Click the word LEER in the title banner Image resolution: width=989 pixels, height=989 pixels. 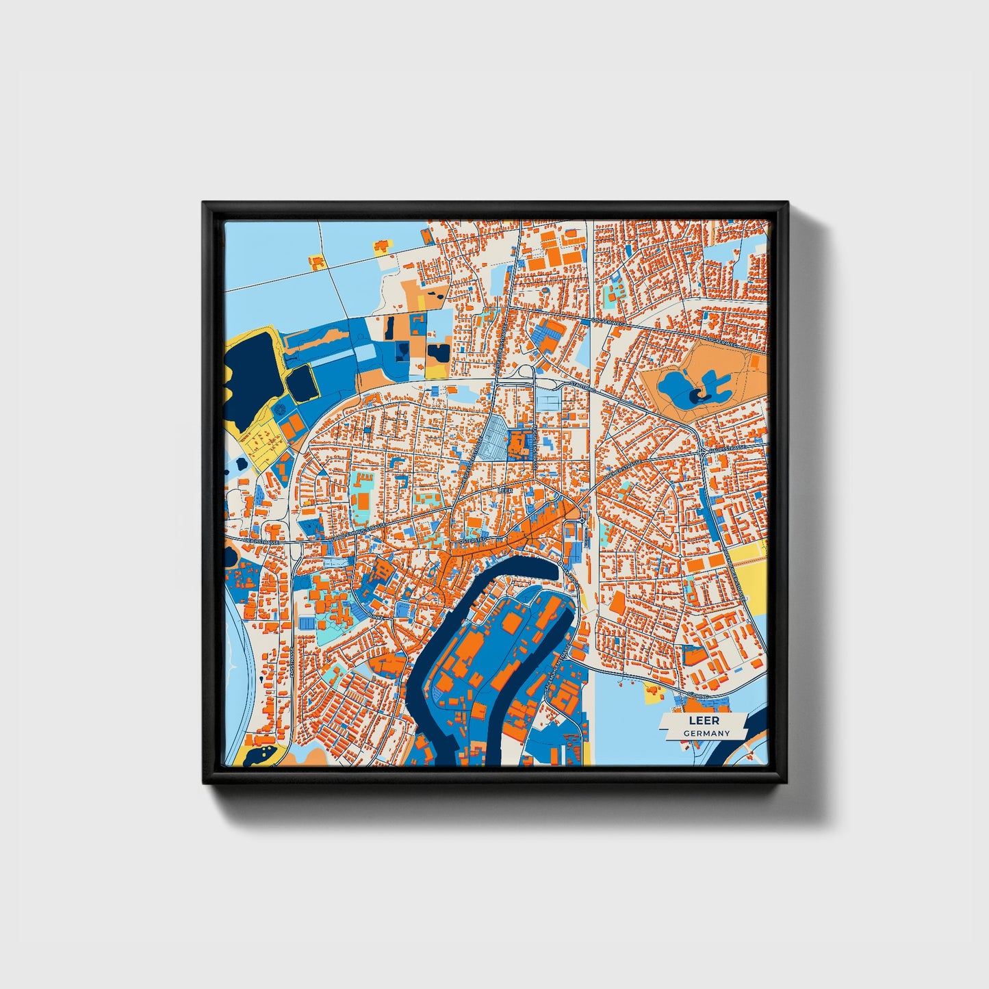[704, 721]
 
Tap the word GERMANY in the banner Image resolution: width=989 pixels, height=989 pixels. [706, 733]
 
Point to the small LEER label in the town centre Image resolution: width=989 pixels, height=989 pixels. [506, 491]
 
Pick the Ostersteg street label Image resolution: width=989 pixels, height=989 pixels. [472, 540]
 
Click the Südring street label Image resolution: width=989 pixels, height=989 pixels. [708, 694]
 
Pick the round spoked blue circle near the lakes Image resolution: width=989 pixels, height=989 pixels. [281, 410]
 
